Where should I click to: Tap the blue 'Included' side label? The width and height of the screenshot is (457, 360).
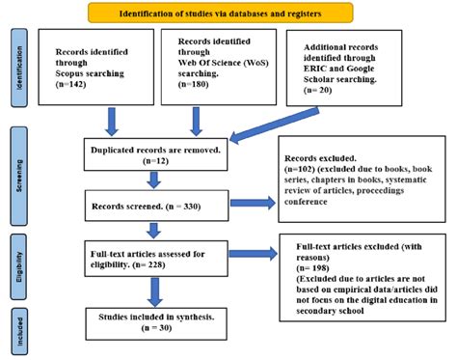17,328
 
